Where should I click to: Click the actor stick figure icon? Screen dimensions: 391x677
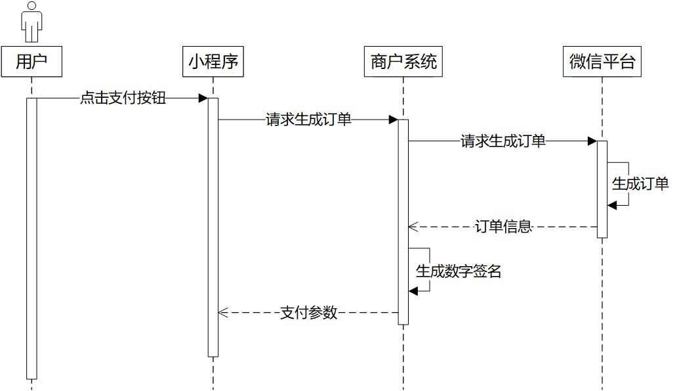(31, 22)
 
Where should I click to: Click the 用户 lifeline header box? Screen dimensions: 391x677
(31, 62)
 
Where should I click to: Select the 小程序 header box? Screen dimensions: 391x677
(213, 62)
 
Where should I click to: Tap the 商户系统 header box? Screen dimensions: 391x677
(403, 62)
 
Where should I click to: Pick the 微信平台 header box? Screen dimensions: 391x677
(602, 62)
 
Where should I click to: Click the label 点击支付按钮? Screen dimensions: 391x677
(123, 99)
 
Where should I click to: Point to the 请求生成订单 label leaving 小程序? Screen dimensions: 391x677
(308, 120)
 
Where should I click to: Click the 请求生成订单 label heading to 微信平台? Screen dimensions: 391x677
(503, 141)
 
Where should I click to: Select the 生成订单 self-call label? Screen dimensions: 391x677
(640, 184)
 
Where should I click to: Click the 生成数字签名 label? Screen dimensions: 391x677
(459, 271)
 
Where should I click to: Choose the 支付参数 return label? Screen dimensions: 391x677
(308, 313)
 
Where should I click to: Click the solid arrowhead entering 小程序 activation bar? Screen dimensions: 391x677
(203, 99)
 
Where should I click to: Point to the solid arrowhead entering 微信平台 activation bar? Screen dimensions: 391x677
(592, 141)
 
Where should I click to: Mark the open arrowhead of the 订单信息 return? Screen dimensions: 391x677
(413, 227)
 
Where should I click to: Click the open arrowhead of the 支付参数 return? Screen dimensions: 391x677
(222, 313)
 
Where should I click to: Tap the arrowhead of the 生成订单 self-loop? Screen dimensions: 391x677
(612, 206)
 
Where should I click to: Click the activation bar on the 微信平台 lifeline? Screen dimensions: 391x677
(602, 191)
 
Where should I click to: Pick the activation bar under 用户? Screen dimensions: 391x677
(31, 237)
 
